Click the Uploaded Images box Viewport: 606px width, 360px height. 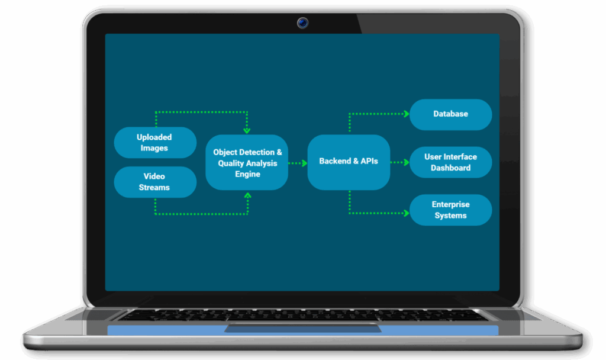point(154,143)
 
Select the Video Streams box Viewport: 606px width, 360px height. point(154,182)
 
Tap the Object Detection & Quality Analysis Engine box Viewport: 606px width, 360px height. point(247,163)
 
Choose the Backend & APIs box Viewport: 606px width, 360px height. point(349,162)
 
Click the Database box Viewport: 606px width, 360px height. point(450,114)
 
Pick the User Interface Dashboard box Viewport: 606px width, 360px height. point(450,162)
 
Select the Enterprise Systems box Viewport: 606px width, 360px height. point(450,210)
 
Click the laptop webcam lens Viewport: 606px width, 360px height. point(303,24)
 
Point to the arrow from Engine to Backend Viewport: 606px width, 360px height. point(297,162)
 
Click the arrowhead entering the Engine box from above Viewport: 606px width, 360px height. point(247,130)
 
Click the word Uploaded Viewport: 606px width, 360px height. point(154,137)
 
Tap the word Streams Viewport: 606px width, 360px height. point(154,188)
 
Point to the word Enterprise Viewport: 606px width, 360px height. point(450,204)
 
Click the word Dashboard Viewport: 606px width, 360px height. point(450,168)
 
